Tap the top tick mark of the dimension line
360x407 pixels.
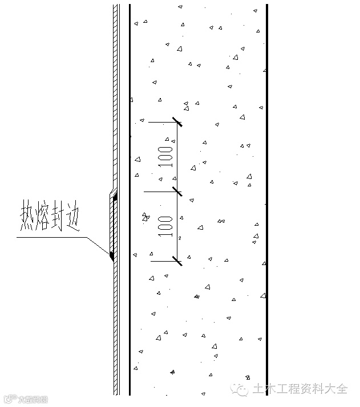pyautogui.click(x=177, y=122)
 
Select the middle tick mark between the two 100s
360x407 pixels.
pyautogui.click(x=177, y=193)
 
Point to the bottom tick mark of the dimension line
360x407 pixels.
pyautogui.click(x=177, y=262)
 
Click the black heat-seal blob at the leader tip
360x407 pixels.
pyautogui.click(x=112, y=255)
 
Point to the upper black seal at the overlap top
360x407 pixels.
pyautogui.click(x=115, y=198)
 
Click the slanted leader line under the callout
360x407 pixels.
pyautogui.click(x=97, y=246)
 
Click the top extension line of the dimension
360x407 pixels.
pyautogui.click(x=163, y=122)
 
